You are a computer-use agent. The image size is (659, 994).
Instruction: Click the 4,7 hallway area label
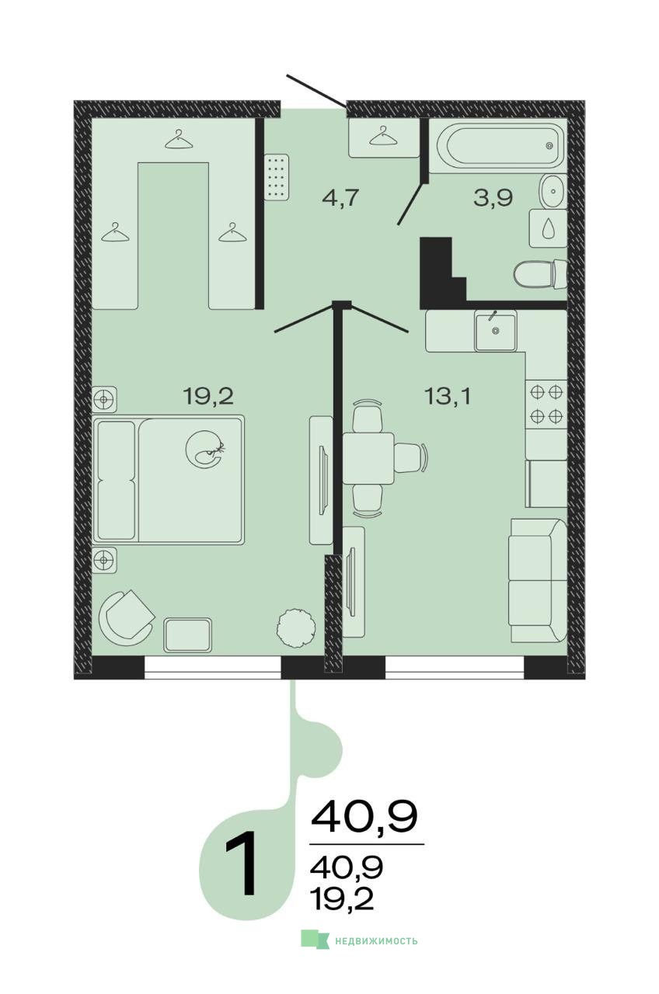coord(340,198)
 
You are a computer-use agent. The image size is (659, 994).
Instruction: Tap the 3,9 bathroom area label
coord(493,197)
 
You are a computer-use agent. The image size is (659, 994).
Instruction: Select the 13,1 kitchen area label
coord(448,396)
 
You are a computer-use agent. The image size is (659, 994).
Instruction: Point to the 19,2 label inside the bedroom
coord(208,396)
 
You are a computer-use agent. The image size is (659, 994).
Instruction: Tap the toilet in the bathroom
coord(540,274)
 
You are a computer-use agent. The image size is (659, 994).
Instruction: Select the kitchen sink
coord(496,331)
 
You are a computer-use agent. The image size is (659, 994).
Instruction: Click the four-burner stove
coord(546,405)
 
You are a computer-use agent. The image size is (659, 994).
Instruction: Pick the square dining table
coord(368,458)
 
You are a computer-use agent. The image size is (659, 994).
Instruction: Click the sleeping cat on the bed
coord(206,449)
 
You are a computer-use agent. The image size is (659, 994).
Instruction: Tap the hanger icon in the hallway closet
coord(383,135)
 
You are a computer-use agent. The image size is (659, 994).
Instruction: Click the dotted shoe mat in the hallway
coord(276,178)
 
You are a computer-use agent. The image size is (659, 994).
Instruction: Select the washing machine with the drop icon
coord(548,228)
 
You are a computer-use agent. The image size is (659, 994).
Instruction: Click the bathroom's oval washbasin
coord(553,191)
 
